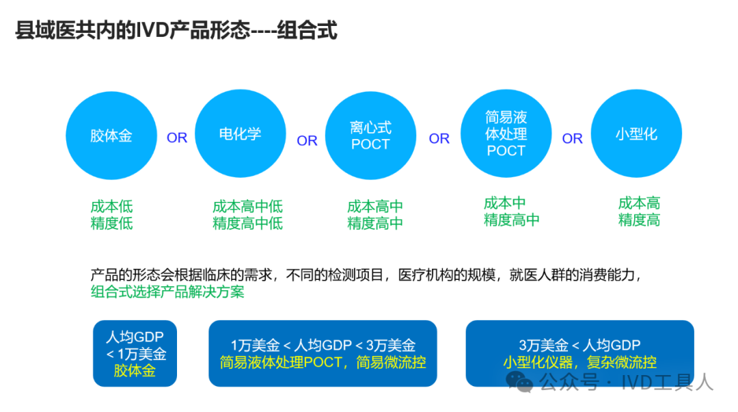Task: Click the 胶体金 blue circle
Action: coord(111,136)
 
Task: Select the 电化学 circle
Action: coord(240,134)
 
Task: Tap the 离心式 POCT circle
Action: coord(370,136)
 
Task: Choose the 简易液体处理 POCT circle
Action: coord(506,134)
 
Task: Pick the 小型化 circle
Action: coord(636,134)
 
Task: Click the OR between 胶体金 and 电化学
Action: coord(177,138)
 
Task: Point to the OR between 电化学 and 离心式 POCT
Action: coord(307,140)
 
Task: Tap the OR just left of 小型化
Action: coord(572,138)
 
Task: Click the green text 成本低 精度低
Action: coord(111,214)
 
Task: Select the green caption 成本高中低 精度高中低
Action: coord(247,214)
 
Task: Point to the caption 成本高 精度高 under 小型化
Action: coord(639,211)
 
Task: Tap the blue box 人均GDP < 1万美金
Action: coord(135,353)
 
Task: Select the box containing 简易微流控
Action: coord(323,353)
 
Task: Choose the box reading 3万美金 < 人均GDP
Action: coord(579,353)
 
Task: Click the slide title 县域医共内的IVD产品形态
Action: coord(176,31)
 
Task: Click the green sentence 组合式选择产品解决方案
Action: coord(167,292)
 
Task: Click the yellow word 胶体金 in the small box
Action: coord(135,371)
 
